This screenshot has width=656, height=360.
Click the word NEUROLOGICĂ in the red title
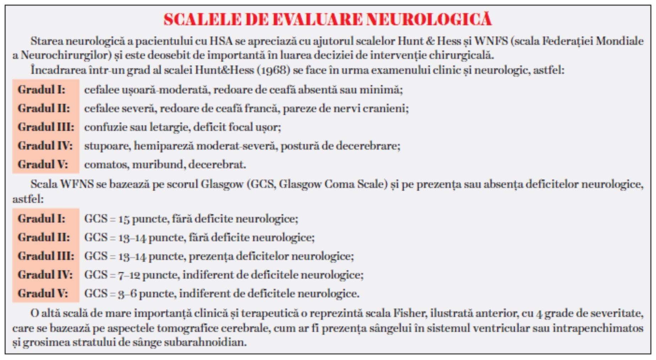[429, 20]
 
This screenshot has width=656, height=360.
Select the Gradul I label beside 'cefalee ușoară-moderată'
[42, 90]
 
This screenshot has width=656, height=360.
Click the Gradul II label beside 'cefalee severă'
[44, 108]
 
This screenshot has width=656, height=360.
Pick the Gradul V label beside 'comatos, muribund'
[43, 164]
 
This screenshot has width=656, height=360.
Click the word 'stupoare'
[107, 146]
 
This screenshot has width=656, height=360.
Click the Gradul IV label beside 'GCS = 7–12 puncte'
[45, 275]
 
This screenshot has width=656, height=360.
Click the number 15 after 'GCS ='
[124, 219]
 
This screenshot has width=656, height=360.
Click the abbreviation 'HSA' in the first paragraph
[221, 41]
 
